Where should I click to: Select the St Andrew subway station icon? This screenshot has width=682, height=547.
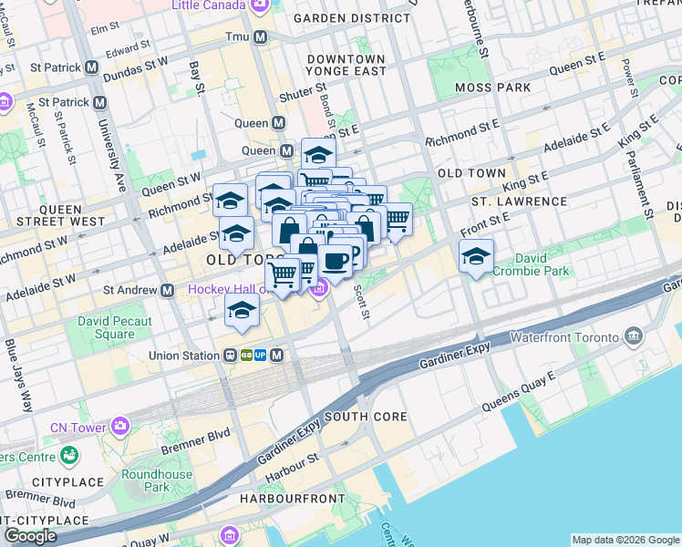(x=168, y=290)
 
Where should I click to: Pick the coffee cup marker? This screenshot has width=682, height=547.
(x=336, y=262)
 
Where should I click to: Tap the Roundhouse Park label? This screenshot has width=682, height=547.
(x=157, y=480)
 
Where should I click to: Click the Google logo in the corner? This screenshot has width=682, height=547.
(x=30, y=536)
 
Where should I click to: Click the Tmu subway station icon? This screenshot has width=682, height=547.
(x=261, y=36)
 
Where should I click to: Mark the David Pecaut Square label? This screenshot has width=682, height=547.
(x=106, y=327)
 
